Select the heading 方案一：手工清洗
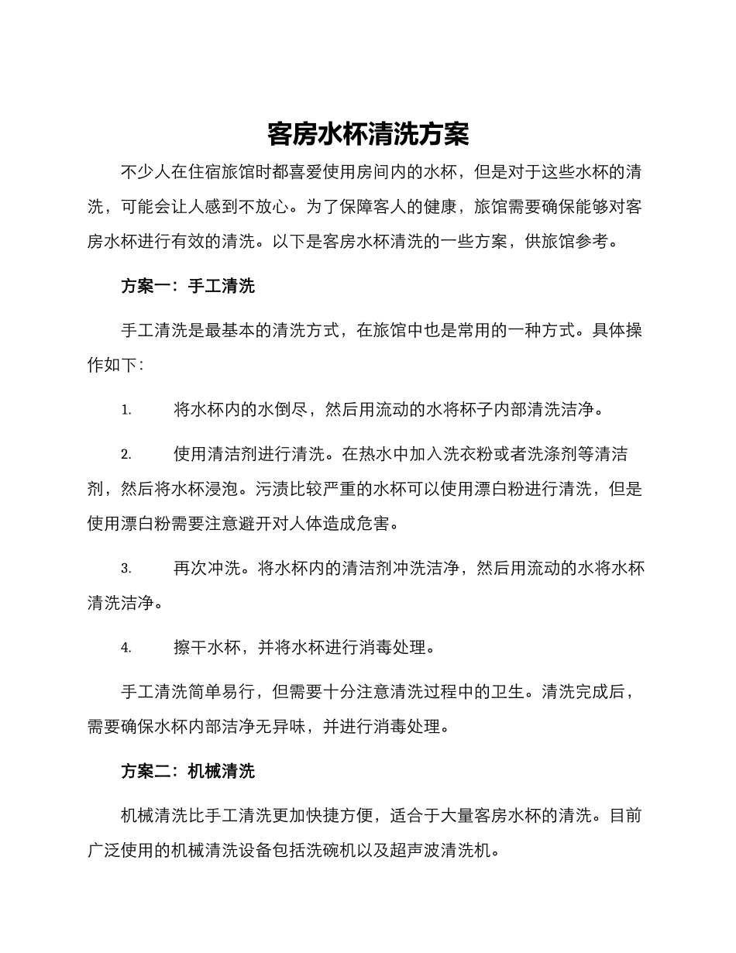[x=188, y=286]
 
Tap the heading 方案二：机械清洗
[x=188, y=771]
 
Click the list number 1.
[x=126, y=410]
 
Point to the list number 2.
[x=126, y=455]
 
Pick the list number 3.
[x=126, y=569]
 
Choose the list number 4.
[x=126, y=648]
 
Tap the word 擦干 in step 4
[x=190, y=648]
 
